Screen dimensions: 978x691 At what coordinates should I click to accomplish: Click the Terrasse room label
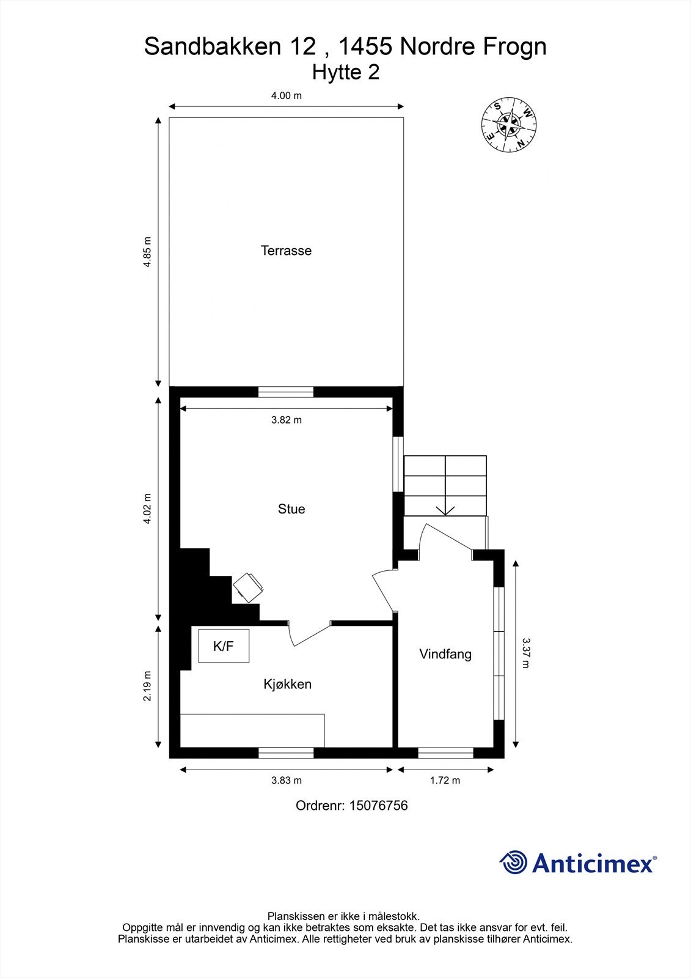286,251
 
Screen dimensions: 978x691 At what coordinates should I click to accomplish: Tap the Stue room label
291,509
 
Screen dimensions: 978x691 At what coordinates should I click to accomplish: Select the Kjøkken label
287,684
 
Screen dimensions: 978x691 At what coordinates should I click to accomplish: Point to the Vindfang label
445,654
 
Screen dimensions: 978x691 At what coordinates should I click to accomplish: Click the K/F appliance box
224,646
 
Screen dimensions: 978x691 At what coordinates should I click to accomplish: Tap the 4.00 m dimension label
287,95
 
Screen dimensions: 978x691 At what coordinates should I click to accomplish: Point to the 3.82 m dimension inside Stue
287,420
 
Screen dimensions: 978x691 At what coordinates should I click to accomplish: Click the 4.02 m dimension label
147,509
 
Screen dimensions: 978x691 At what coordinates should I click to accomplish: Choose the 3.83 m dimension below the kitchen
287,781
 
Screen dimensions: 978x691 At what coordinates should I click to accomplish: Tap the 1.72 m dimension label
445,781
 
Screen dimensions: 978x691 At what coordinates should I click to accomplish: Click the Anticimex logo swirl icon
513,862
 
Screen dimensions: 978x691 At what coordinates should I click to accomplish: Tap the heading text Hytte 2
346,72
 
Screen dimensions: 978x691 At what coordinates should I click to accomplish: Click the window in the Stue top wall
286,392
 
